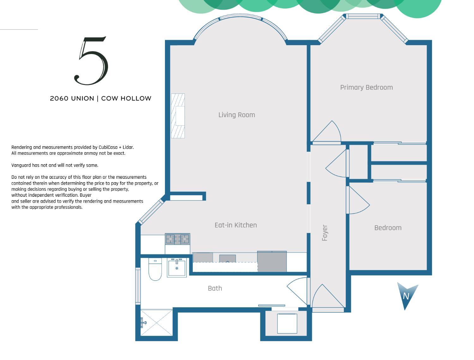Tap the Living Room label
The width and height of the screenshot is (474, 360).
click(236, 115)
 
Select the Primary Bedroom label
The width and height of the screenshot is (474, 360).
click(366, 87)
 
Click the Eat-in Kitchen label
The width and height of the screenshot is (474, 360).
click(235, 225)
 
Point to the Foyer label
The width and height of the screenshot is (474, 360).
click(325, 233)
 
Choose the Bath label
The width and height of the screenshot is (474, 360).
click(215, 288)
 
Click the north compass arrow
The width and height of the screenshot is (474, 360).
click(406, 295)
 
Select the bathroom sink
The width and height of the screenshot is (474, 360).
click(177, 268)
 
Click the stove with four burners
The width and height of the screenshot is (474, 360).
click(177, 239)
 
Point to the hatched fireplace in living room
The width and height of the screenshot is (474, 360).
click(178, 116)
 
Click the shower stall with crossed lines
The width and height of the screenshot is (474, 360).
click(156, 322)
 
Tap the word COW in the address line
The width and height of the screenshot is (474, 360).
click(109, 99)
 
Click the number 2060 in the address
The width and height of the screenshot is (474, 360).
click(59, 99)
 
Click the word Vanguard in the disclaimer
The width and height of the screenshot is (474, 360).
click(21, 165)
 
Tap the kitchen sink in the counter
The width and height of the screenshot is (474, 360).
click(228, 259)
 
